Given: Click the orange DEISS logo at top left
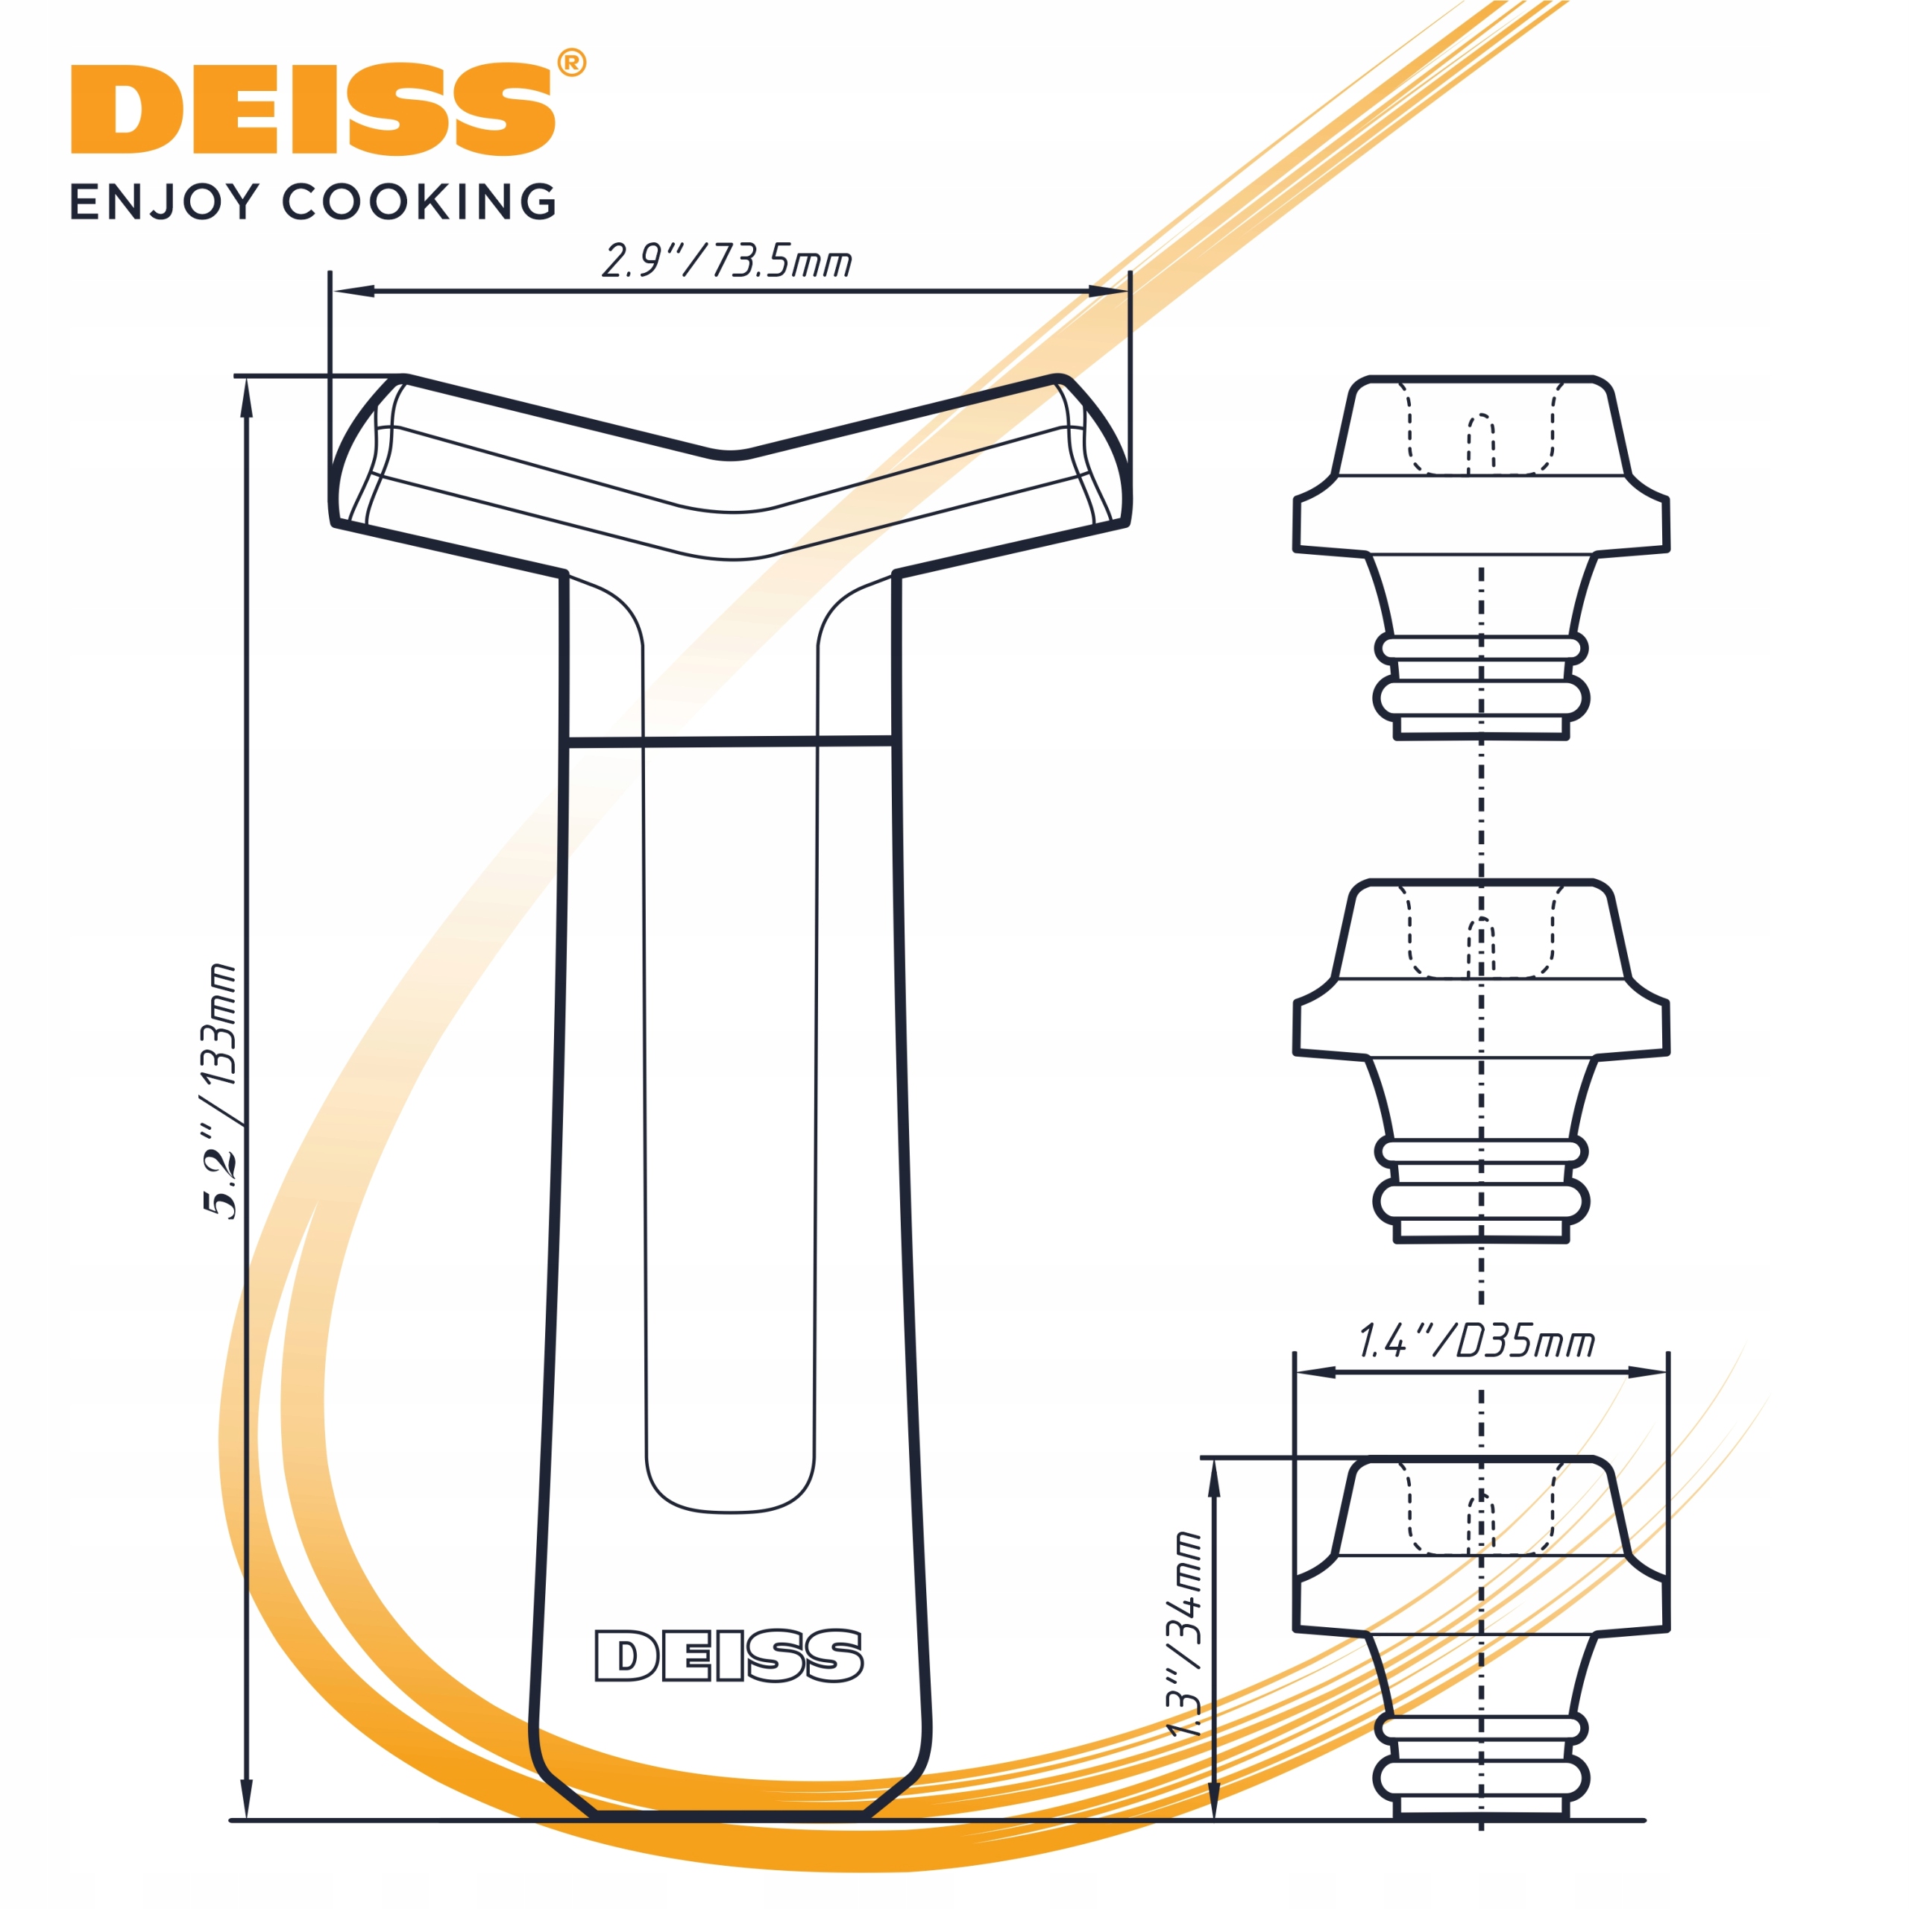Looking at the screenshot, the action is tap(312, 110).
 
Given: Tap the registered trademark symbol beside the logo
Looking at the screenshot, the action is tap(572, 63).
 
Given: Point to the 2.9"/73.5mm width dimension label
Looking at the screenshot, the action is tap(726, 262).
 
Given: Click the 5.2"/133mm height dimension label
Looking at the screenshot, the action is tap(219, 1091).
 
